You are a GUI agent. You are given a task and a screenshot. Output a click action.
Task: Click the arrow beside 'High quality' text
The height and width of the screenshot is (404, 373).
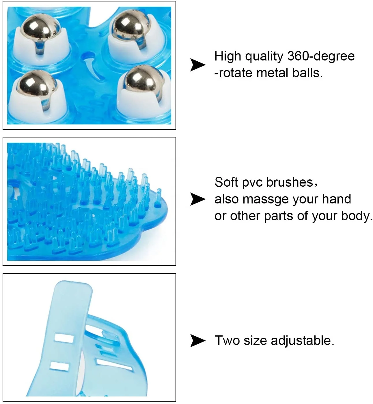pos(198,65)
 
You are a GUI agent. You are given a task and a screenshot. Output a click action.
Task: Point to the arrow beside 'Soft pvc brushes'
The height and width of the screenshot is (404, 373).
pos(198,199)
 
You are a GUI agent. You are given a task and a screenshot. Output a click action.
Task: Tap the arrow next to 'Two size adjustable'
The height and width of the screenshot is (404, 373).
pos(198,340)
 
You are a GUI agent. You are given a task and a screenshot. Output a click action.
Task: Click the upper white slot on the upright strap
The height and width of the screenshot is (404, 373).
pos(64,337)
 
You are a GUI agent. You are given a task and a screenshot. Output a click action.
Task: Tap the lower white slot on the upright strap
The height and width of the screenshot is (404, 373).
pos(59,366)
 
